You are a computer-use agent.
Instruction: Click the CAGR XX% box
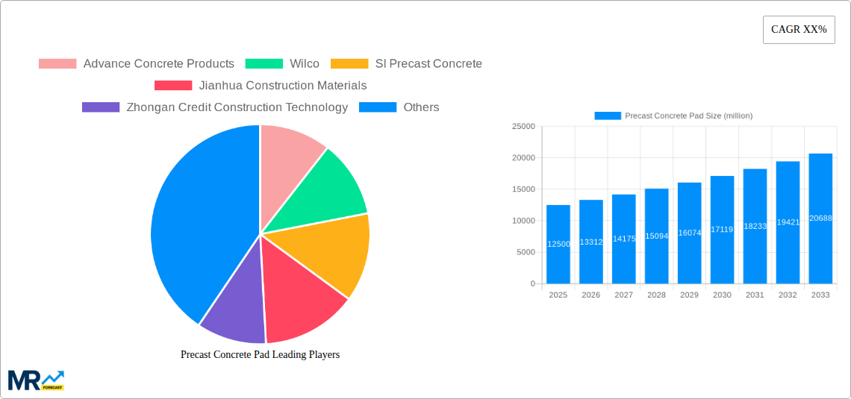click(x=799, y=30)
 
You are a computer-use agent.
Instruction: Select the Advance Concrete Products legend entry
click(x=137, y=64)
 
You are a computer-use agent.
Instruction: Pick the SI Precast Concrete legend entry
click(x=406, y=64)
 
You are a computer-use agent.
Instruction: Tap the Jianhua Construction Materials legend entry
click(x=261, y=86)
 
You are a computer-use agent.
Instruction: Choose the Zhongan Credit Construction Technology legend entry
click(x=215, y=107)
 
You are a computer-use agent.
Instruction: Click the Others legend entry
click(x=399, y=107)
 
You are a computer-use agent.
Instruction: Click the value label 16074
click(x=689, y=233)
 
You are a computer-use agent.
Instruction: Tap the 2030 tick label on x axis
click(x=722, y=295)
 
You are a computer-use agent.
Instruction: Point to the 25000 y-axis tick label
click(x=523, y=127)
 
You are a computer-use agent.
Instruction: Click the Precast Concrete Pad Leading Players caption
click(x=260, y=355)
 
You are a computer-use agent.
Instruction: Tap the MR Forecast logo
click(x=36, y=380)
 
